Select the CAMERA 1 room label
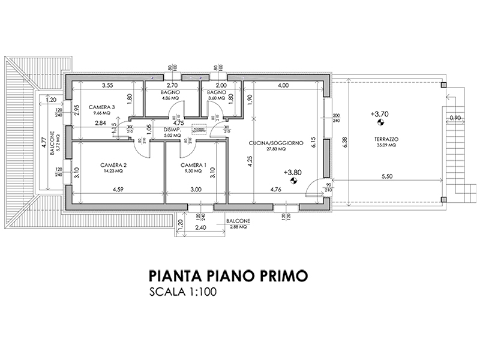(x=193, y=164)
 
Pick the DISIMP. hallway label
(x=172, y=129)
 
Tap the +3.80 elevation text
(x=293, y=172)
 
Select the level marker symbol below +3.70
(x=379, y=123)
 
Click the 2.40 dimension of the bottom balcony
(x=200, y=228)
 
